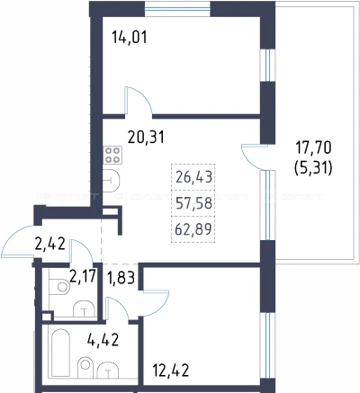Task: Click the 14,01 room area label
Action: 130,38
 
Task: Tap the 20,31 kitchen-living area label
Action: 146,138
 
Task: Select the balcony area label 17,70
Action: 313,147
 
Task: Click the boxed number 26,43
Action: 193,177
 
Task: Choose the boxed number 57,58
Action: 193,203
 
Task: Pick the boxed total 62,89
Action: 193,229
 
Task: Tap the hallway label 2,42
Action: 49,245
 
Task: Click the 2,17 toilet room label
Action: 83,276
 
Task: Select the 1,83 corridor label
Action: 121,278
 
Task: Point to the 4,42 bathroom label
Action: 103,340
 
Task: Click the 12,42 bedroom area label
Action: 171,371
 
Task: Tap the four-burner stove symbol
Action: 112,155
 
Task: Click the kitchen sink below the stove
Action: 112,181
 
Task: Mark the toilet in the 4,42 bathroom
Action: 85,367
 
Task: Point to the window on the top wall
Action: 177,9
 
